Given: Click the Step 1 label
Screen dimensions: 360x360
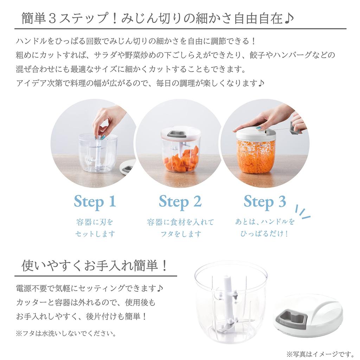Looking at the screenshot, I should coord(95,202).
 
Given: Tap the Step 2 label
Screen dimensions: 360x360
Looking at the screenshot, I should coord(180,202).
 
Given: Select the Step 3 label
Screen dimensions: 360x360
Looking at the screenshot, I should coord(265,202).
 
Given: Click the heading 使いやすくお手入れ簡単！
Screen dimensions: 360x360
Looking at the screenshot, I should coord(94,265).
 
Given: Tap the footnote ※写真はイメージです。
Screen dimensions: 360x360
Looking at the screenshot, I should coord(320,353).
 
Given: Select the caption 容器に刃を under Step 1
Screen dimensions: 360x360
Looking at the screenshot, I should coord(95,222).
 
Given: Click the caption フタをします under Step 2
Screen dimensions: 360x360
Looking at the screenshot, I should coord(180,234).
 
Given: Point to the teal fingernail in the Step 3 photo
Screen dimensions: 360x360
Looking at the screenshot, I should coord(259,128).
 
